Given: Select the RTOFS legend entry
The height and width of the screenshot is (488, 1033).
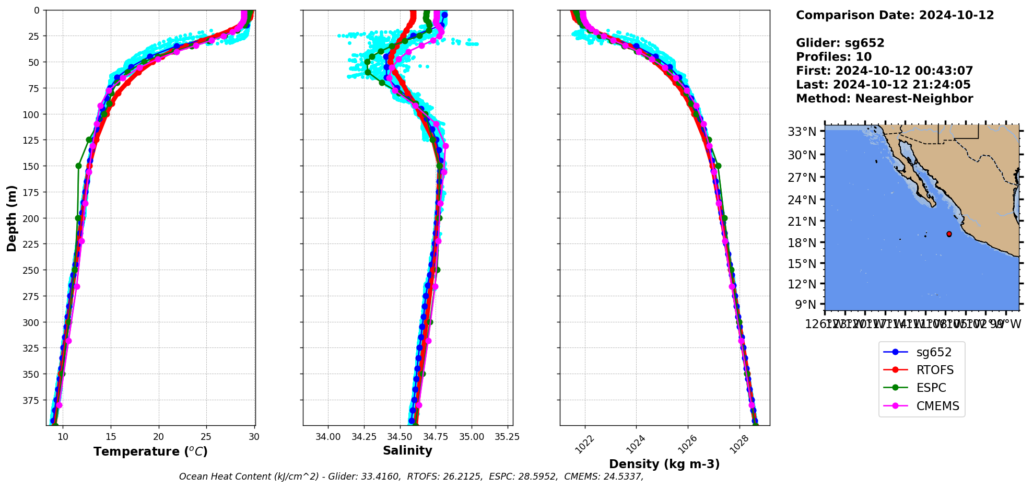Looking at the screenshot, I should coord(934,370).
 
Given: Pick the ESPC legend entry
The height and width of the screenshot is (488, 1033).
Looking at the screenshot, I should coord(931,388).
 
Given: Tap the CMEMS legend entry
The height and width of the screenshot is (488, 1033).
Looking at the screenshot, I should coord(937,406).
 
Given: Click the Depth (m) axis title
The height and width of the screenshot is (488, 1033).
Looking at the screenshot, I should coord(11,218).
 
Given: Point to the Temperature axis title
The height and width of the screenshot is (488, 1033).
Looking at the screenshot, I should coord(150,451).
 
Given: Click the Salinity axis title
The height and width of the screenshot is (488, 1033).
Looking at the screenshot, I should coord(407,450).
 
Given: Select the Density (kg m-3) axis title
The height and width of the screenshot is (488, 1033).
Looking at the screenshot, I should coord(664,464).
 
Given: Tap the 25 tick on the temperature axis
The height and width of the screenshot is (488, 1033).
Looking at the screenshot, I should coord(206,437).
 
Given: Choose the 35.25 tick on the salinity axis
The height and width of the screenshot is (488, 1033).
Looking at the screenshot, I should coord(507,437).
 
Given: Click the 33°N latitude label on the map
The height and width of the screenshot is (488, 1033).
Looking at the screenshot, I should coord(802,132).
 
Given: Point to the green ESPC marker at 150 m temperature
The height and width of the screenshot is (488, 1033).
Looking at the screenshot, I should coord(78,166).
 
